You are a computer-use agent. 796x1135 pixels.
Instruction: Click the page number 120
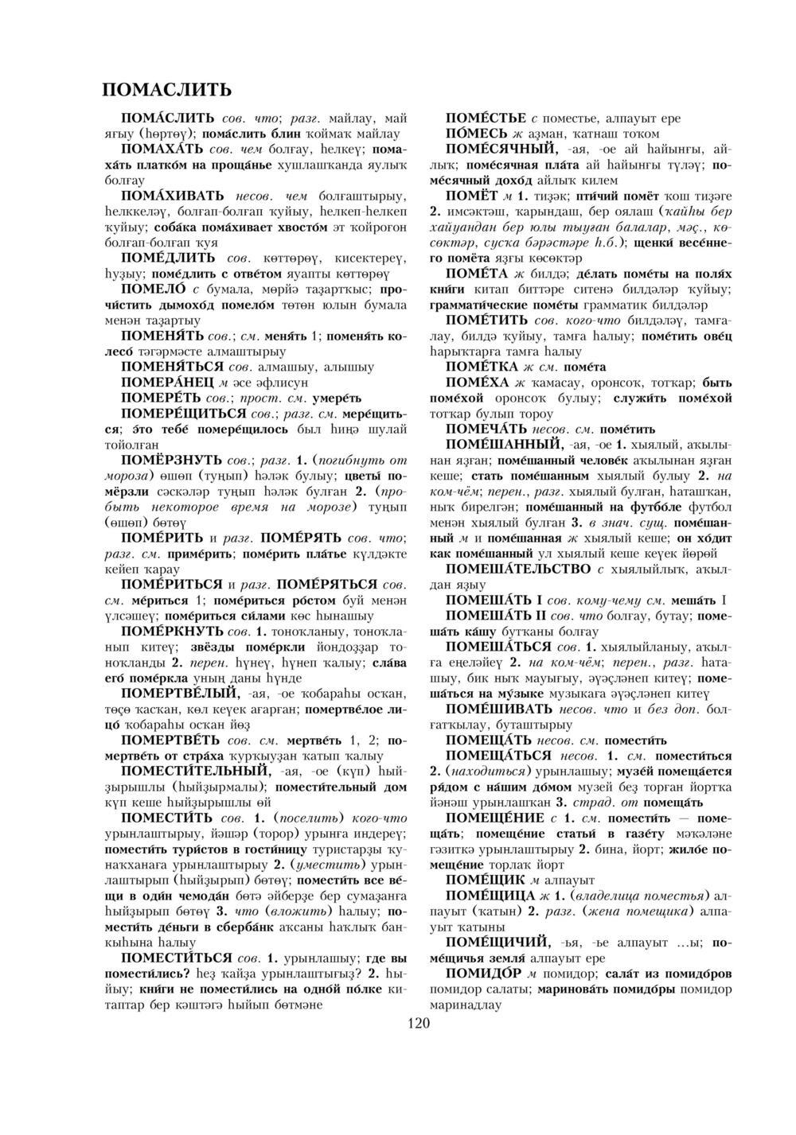(x=418, y=1023)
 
